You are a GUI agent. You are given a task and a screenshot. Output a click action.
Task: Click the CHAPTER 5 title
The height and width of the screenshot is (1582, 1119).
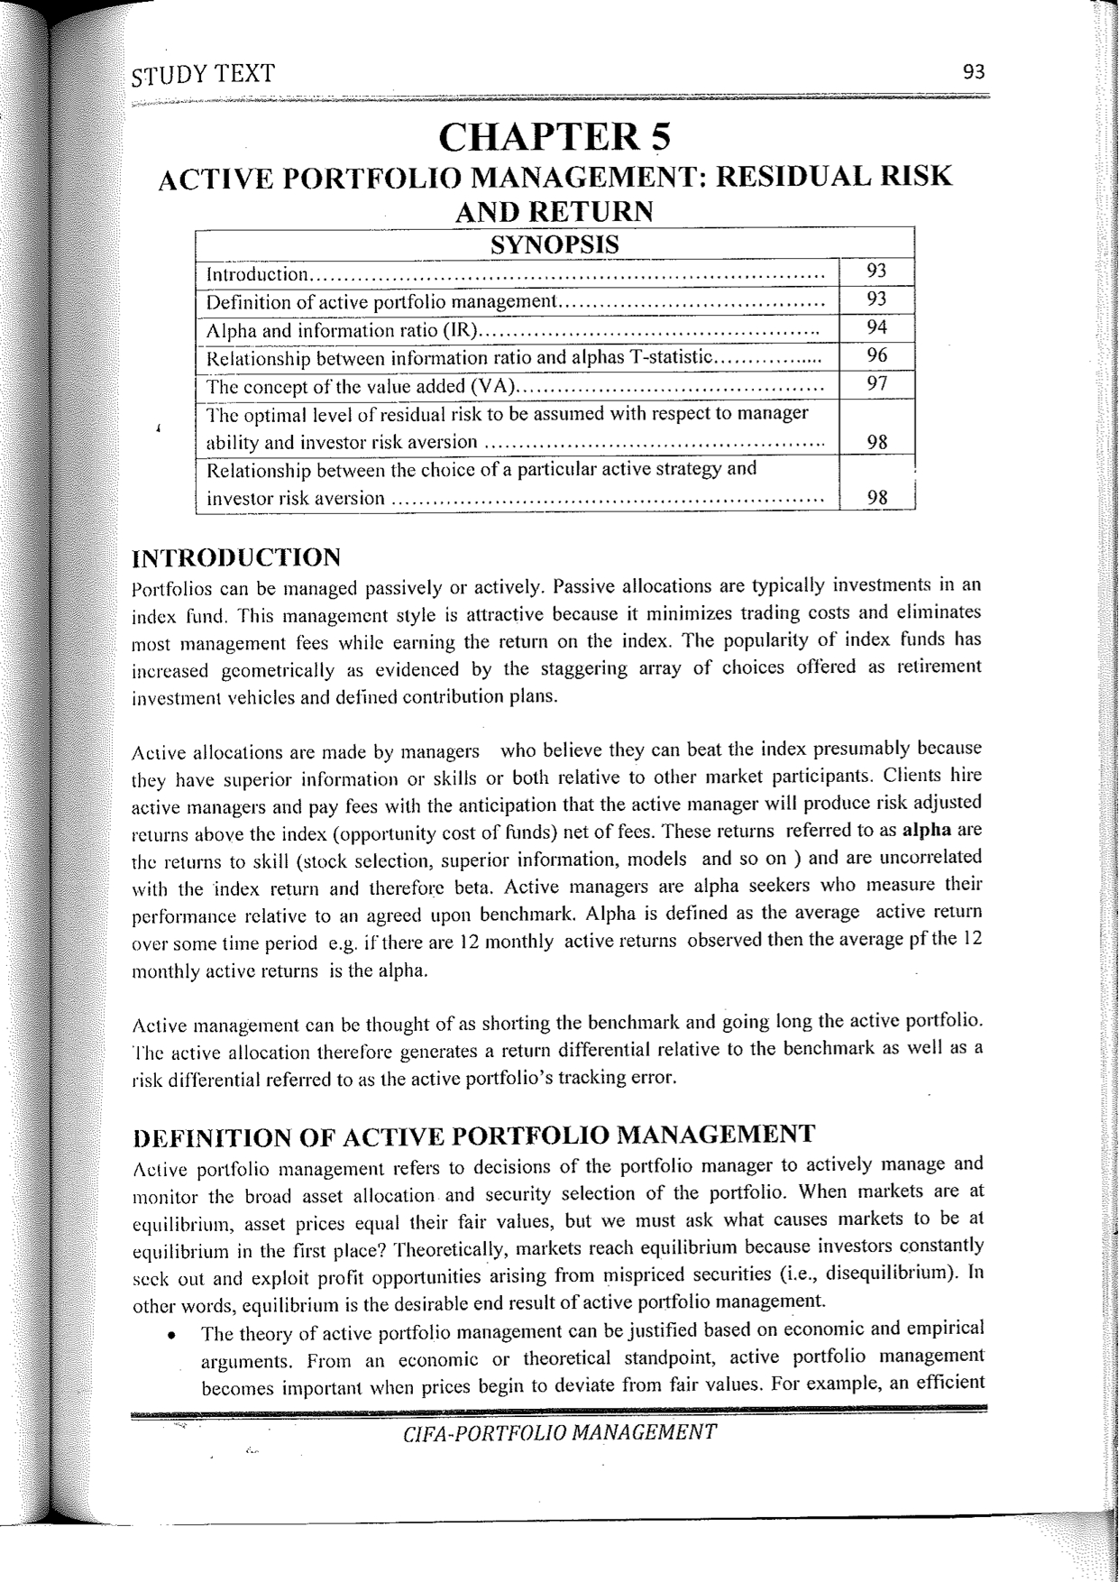click(555, 137)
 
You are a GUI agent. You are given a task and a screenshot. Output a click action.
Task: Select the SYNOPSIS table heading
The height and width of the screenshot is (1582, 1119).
click(554, 244)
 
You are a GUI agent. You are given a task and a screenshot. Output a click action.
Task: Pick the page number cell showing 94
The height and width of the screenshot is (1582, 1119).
click(876, 327)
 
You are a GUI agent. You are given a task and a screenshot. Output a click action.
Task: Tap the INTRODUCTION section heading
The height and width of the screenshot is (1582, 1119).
click(236, 556)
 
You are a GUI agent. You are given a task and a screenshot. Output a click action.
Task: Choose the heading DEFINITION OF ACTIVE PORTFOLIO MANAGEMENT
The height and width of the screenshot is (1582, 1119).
click(474, 1135)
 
